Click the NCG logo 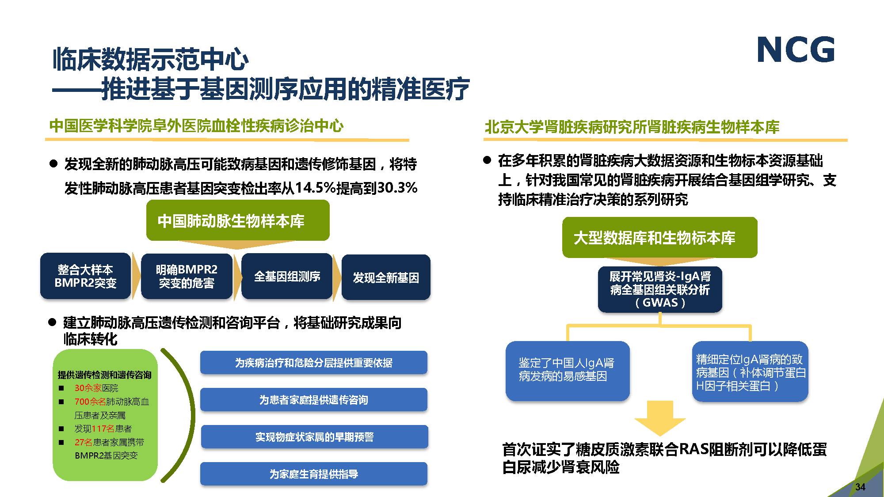(x=796, y=49)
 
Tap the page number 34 (x=860, y=487)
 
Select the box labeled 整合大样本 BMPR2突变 (x=85, y=276)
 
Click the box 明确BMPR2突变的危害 (x=187, y=276)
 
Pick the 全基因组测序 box (x=287, y=276)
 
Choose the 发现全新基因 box (x=386, y=277)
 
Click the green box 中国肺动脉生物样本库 (x=238, y=220)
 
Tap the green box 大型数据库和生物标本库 (x=659, y=238)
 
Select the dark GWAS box (x=660, y=289)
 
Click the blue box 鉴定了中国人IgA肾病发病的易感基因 (x=568, y=371)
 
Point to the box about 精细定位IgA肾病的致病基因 (x=750, y=372)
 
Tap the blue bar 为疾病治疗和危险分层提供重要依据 (x=314, y=363)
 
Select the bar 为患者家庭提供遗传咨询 (x=314, y=400)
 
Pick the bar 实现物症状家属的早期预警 (x=314, y=437)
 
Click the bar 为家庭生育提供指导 (x=314, y=474)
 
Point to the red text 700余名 (x=90, y=402)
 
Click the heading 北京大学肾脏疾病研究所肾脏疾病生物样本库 (x=632, y=127)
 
